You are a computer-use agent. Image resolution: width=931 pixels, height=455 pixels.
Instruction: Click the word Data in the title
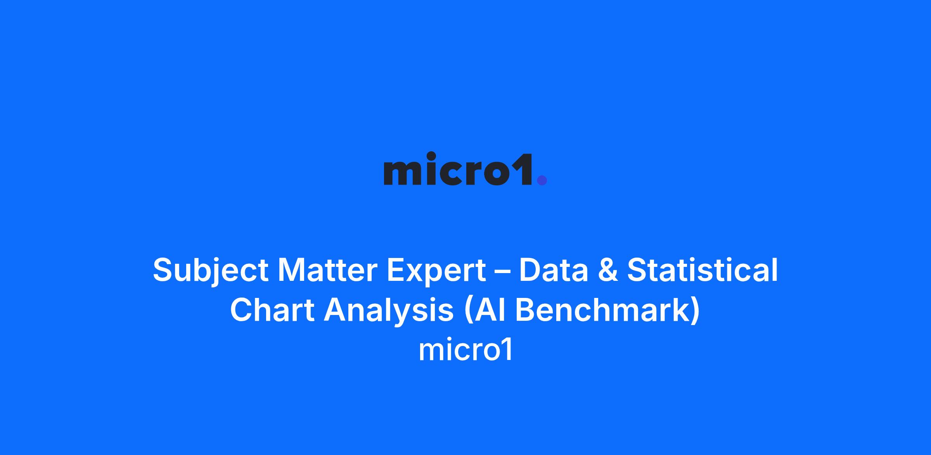pyautogui.click(x=554, y=270)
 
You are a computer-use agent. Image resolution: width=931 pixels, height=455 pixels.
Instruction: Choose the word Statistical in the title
pyautogui.click(x=703, y=270)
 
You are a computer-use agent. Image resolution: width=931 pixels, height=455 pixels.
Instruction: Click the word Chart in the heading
pyautogui.click(x=272, y=310)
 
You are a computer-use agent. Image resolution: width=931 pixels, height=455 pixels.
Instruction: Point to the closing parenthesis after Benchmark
pyautogui.click(x=696, y=311)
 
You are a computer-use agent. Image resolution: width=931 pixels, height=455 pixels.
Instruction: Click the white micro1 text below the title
pyautogui.click(x=465, y=350)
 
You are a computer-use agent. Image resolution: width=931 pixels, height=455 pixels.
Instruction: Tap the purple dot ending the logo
pyautogui.click(x=542, y=180)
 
